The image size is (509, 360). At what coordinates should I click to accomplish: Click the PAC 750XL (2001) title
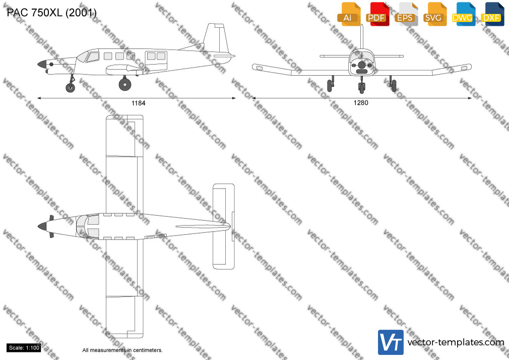point(51,13)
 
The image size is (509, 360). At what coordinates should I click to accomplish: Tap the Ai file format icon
point(349,14)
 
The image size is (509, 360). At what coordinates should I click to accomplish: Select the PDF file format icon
point(377,14)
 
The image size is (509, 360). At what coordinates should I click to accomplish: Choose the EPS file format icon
point(406,14)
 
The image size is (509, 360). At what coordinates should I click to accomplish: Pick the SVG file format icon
point(434,14)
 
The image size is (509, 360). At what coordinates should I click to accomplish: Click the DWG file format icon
point(464,14)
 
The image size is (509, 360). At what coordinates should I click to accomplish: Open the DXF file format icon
point(492,14)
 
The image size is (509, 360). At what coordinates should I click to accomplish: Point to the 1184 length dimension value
point(138,103)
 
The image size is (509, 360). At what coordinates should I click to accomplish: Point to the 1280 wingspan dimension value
point(361,103)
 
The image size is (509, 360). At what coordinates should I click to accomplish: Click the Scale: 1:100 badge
point(24,348)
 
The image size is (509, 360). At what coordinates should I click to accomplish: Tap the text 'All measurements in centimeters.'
point(122,350)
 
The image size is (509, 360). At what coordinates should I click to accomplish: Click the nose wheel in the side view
point(70,87)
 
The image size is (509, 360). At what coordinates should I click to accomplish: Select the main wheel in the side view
point(125,84)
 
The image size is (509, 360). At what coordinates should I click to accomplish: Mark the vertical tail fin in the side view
point(216,38)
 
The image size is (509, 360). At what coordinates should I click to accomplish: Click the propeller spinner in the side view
point(42,64)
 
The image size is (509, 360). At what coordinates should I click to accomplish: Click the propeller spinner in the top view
point(42,226)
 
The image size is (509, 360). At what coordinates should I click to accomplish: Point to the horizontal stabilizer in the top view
point(224,226)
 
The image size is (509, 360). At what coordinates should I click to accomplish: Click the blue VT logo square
point(391,342)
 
